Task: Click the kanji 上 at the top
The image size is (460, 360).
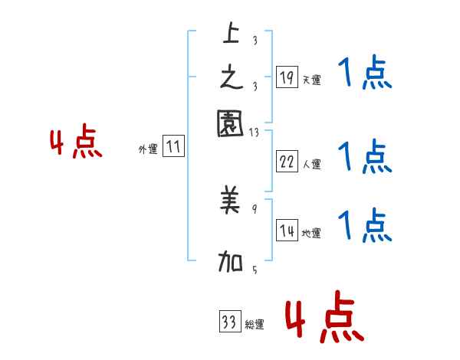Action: pos(231,34)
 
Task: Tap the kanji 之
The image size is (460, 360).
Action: pos(231,77)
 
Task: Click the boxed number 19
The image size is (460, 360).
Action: pos(286,77)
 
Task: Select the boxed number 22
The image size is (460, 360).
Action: pos(286,162)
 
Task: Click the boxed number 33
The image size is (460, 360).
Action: pos(229,322)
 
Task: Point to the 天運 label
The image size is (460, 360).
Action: pos(311,80)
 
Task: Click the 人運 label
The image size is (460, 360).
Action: pos(311,164)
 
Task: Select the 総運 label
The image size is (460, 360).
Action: pos(255,325)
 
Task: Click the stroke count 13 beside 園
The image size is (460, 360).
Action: pos(254,133)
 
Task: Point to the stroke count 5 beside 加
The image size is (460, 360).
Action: pos(254,269)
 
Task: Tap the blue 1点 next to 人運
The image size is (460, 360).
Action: pos(365,157)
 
